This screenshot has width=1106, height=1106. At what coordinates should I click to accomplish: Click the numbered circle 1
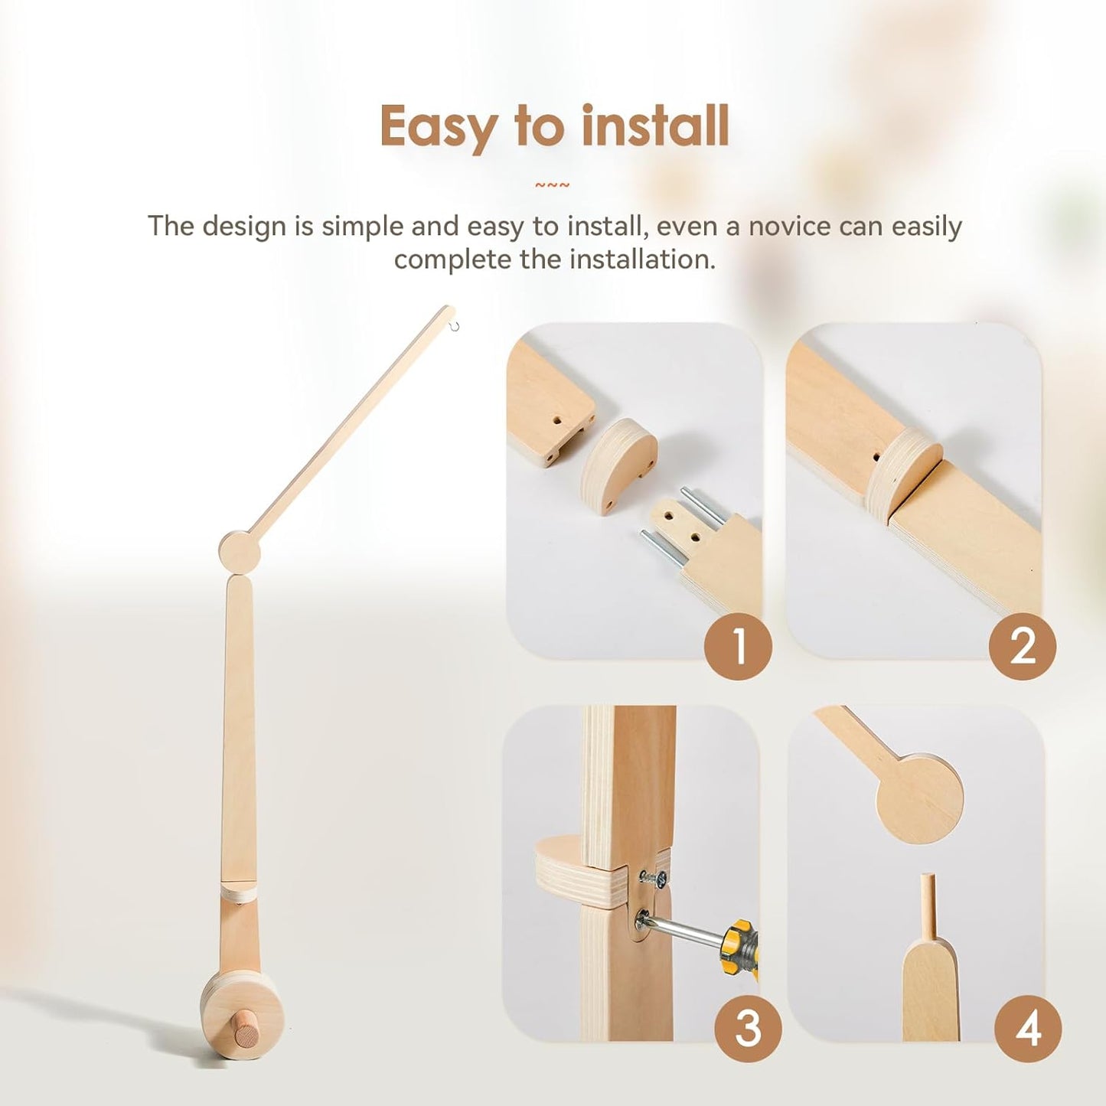[738, 647]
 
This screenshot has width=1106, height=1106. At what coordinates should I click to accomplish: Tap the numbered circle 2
[1022, 647]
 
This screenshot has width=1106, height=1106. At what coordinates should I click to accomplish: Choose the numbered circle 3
[748, 1028]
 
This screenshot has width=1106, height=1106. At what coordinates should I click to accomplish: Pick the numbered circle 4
[1028, 1028]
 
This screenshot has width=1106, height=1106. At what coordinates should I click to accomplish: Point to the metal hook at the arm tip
[455, 328]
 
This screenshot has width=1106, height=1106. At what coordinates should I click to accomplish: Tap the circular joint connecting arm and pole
[240, 551]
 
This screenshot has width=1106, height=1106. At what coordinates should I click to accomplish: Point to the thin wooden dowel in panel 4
[928, 907]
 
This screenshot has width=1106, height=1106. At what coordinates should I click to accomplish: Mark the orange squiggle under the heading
[552, 185]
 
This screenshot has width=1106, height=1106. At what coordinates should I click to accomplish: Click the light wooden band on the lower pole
[238, 892]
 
